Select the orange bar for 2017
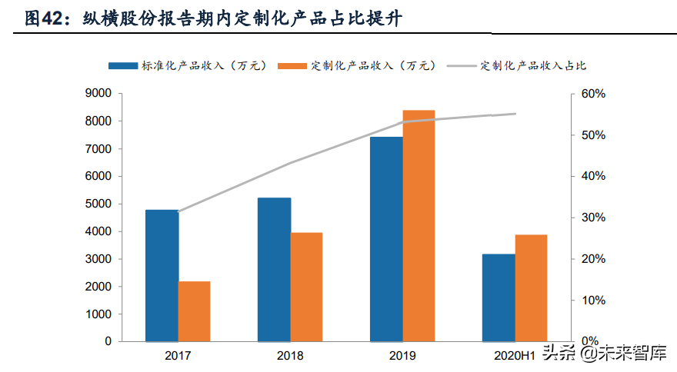coord(194,311)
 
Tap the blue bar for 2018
coord(274,269)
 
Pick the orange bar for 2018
coord(306,287)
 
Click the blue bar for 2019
coord(386,239)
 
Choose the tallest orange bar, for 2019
coord(419,226)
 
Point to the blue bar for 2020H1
coord(499,297)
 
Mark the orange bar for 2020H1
coord(531,287)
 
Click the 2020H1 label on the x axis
coord(514,356)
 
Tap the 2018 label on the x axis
coord(289,356)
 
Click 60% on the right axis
coord(593,94)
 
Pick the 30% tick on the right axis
coord(593,218)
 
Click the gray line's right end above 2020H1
coord(515,114)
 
